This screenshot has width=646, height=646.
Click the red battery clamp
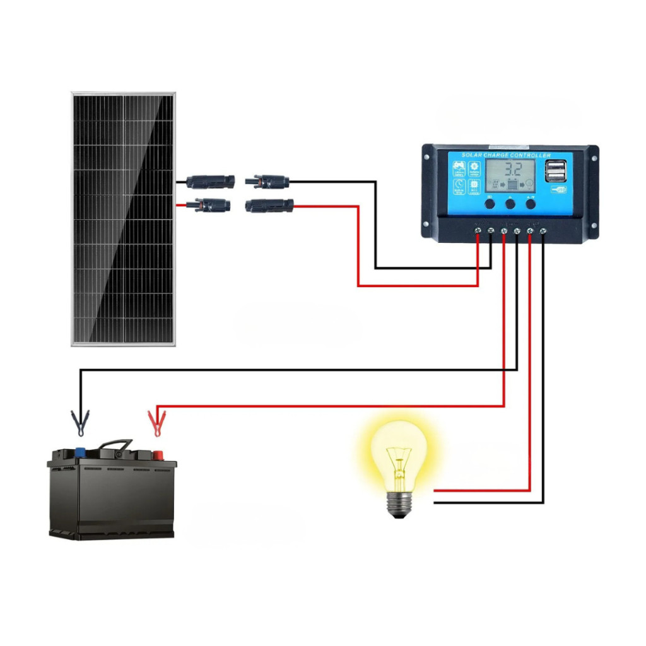coord(156,422)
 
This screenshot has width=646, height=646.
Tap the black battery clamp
coord(80,422)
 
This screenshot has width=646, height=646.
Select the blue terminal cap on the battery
coord(81,452)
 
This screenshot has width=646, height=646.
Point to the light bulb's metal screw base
coord(398,504)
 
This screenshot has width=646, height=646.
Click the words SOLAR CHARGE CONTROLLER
coord(506,155)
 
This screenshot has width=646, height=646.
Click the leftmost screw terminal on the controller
coord(478,232)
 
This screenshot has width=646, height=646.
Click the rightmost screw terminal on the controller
coord(543,232)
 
